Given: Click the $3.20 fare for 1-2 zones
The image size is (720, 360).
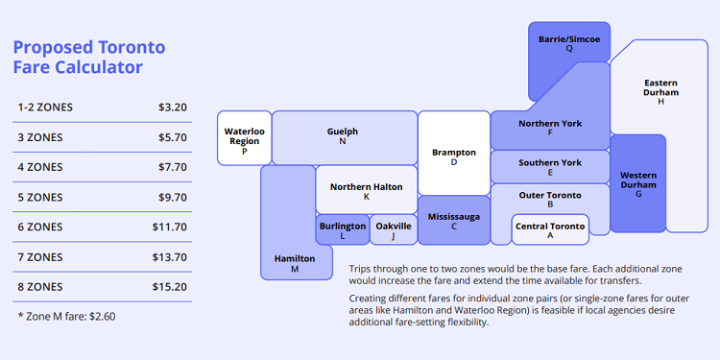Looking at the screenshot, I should coord(172,107).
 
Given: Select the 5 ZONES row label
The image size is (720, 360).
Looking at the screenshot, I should coord(40,197).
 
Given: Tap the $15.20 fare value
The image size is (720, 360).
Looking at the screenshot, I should coord(169,287).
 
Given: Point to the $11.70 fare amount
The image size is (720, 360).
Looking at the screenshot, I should coord(169,227).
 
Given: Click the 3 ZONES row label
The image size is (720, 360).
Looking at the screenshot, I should coord(40,137).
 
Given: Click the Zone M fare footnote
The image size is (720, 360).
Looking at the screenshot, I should coord(66,315).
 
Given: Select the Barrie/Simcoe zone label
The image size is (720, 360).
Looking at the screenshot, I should coord(569,39).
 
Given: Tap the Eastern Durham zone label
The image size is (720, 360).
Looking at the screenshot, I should coord(660,87).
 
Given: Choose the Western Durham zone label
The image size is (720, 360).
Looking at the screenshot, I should coord(638,180).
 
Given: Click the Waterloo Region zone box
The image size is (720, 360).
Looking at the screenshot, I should coord(245,138).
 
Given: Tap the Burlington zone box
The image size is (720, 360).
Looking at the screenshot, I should coord(343,229).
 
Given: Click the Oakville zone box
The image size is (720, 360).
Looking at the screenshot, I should coord(394,229).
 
